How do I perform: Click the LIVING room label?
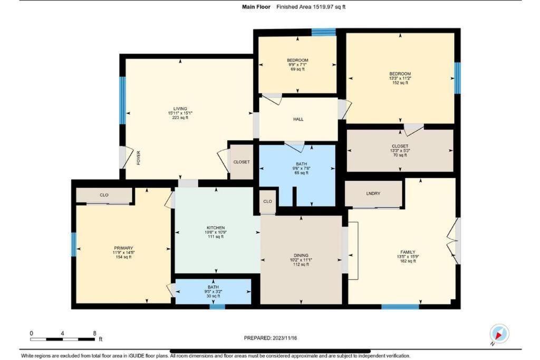pos(180,109)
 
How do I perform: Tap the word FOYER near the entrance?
pos(139,158)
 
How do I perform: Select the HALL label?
pos(298,119)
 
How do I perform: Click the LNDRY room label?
pos(373,193)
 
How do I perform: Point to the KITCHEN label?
pos(216,228)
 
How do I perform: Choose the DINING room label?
pos(301,255)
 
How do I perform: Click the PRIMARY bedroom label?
pos(123,248)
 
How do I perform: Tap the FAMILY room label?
pos(408,252)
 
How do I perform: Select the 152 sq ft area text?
pos(400,83)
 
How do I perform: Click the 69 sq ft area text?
pos(297,69)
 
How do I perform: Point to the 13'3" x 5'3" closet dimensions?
pos(400,150)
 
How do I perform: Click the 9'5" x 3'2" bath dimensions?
pos(213,291)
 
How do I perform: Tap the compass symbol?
pos(499,334)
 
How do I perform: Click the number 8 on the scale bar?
pos(94,333)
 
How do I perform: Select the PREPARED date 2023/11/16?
pos(284,338)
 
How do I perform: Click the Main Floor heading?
pos(256,7)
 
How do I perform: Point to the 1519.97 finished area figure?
pos(323,7)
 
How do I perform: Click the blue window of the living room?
pos(122,100)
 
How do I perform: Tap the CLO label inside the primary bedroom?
pos(104,195)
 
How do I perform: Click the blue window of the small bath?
pos(217,307)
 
